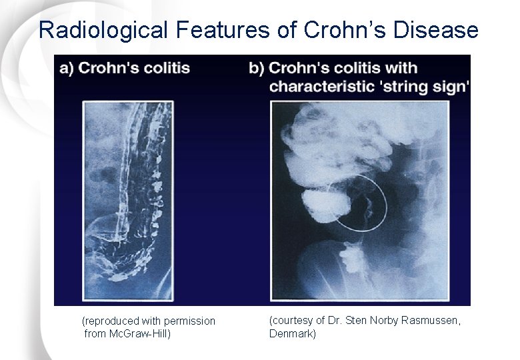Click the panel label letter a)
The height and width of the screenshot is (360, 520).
click(x=67, y=69)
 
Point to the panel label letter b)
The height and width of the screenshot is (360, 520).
click(x=257, y=69)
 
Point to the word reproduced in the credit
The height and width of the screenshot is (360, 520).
click(x=109, y=321)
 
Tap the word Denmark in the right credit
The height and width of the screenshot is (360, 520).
click(x=292, y=333)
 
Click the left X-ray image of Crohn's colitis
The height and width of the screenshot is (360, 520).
click(x=127, y=193)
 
